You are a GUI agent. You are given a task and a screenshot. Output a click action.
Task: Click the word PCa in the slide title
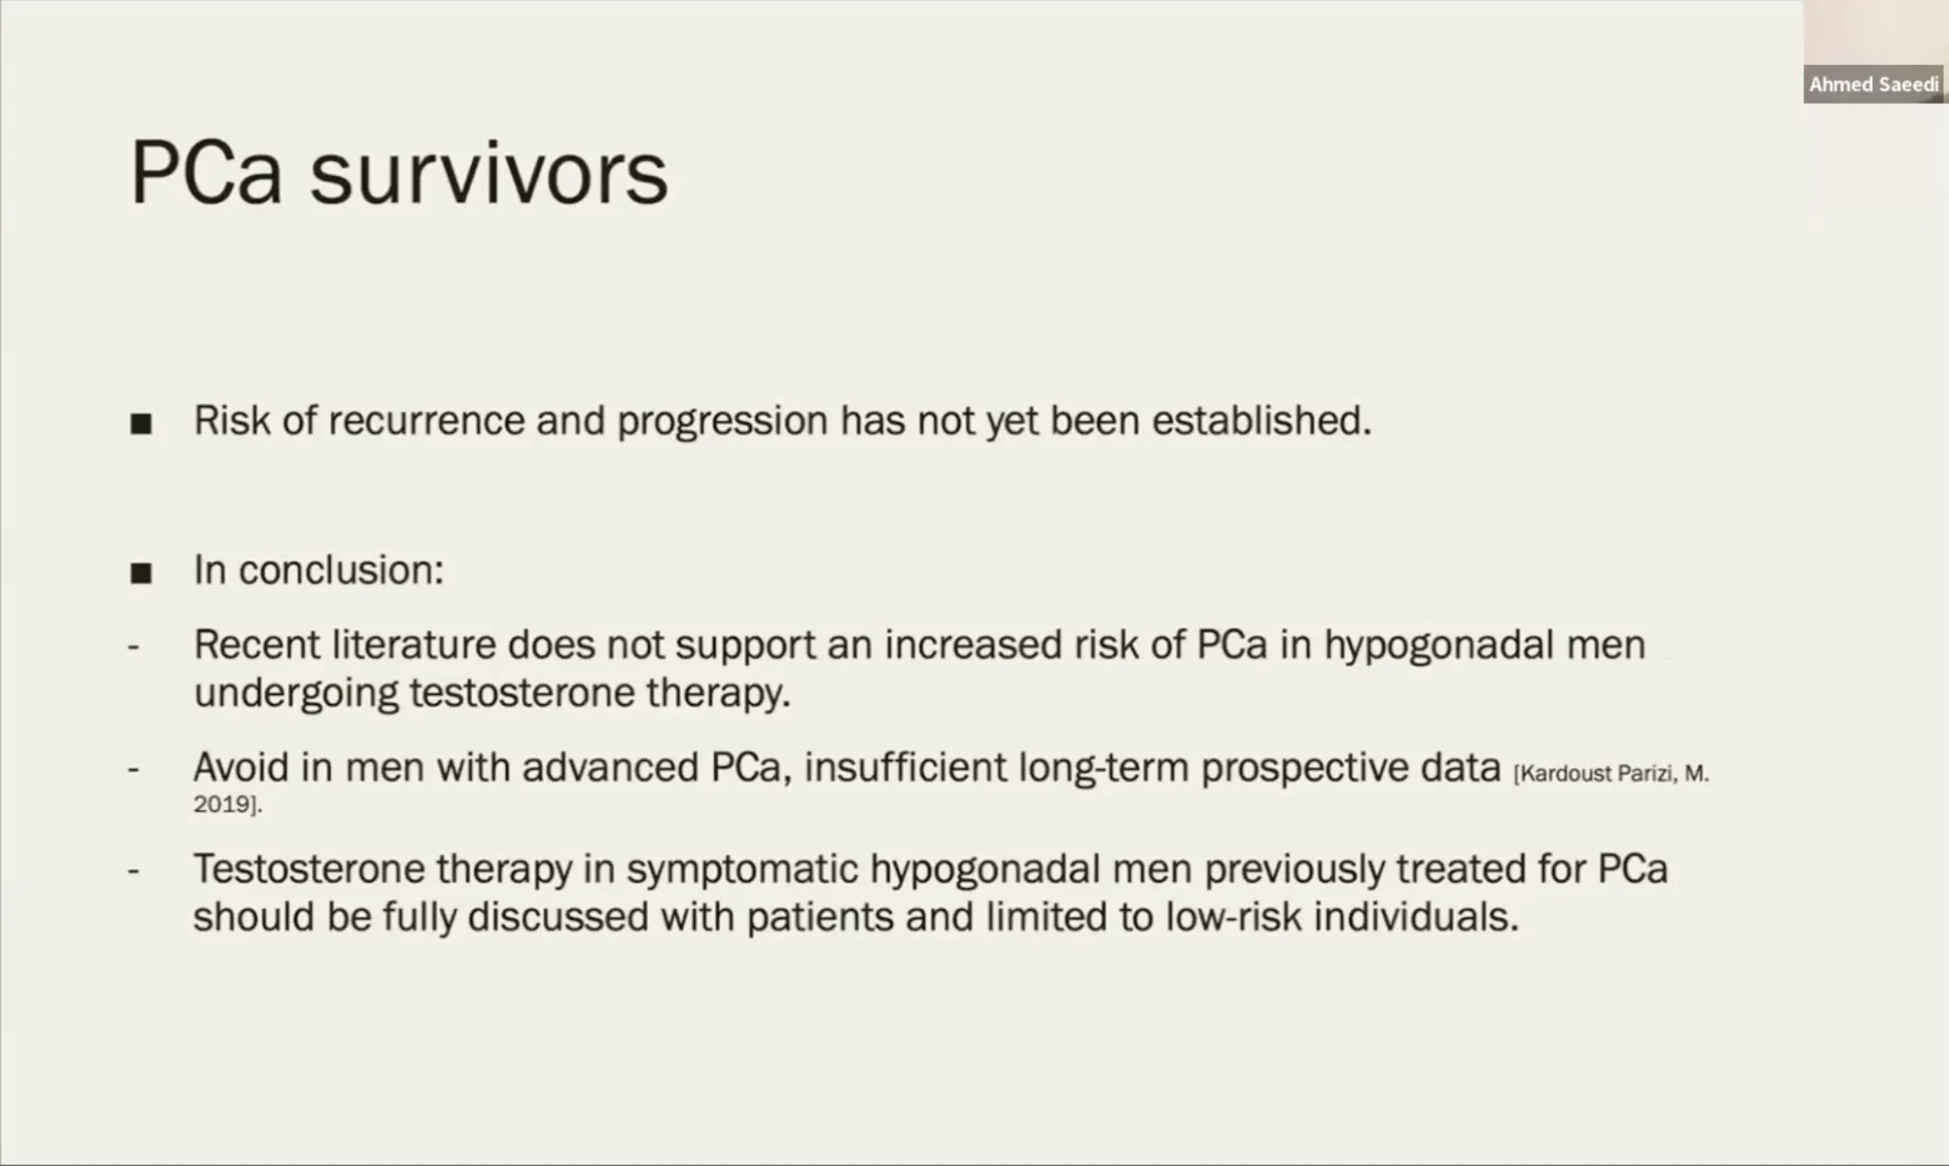[x=206, y=173]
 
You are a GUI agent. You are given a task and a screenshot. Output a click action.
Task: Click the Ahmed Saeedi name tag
[x=1873, y=84]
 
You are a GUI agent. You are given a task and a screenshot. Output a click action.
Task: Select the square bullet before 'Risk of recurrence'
[x=141, y=423]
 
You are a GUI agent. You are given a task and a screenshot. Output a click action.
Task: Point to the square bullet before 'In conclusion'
[x=141, y=572]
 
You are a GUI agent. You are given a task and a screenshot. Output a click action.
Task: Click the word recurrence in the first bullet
[x=426, y=420]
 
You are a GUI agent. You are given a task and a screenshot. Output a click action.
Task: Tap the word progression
[x=722, y=422]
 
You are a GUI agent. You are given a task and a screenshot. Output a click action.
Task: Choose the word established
[x=1262, y=420]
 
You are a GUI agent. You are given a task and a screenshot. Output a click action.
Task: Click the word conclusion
[x=341, y=570]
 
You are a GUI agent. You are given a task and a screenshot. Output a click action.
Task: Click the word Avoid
[x=240, y=767]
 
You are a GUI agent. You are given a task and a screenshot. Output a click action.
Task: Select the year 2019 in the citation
[x=224, y=804]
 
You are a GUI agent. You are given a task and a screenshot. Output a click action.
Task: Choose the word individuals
[x=1416, y=917]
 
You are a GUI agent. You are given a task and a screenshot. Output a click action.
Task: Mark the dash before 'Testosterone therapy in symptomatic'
[x=134, y=871]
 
